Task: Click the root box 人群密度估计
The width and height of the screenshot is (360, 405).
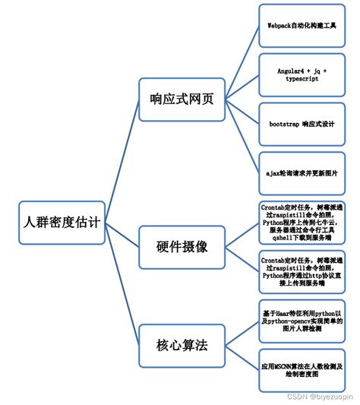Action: click(x=61, y=223)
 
